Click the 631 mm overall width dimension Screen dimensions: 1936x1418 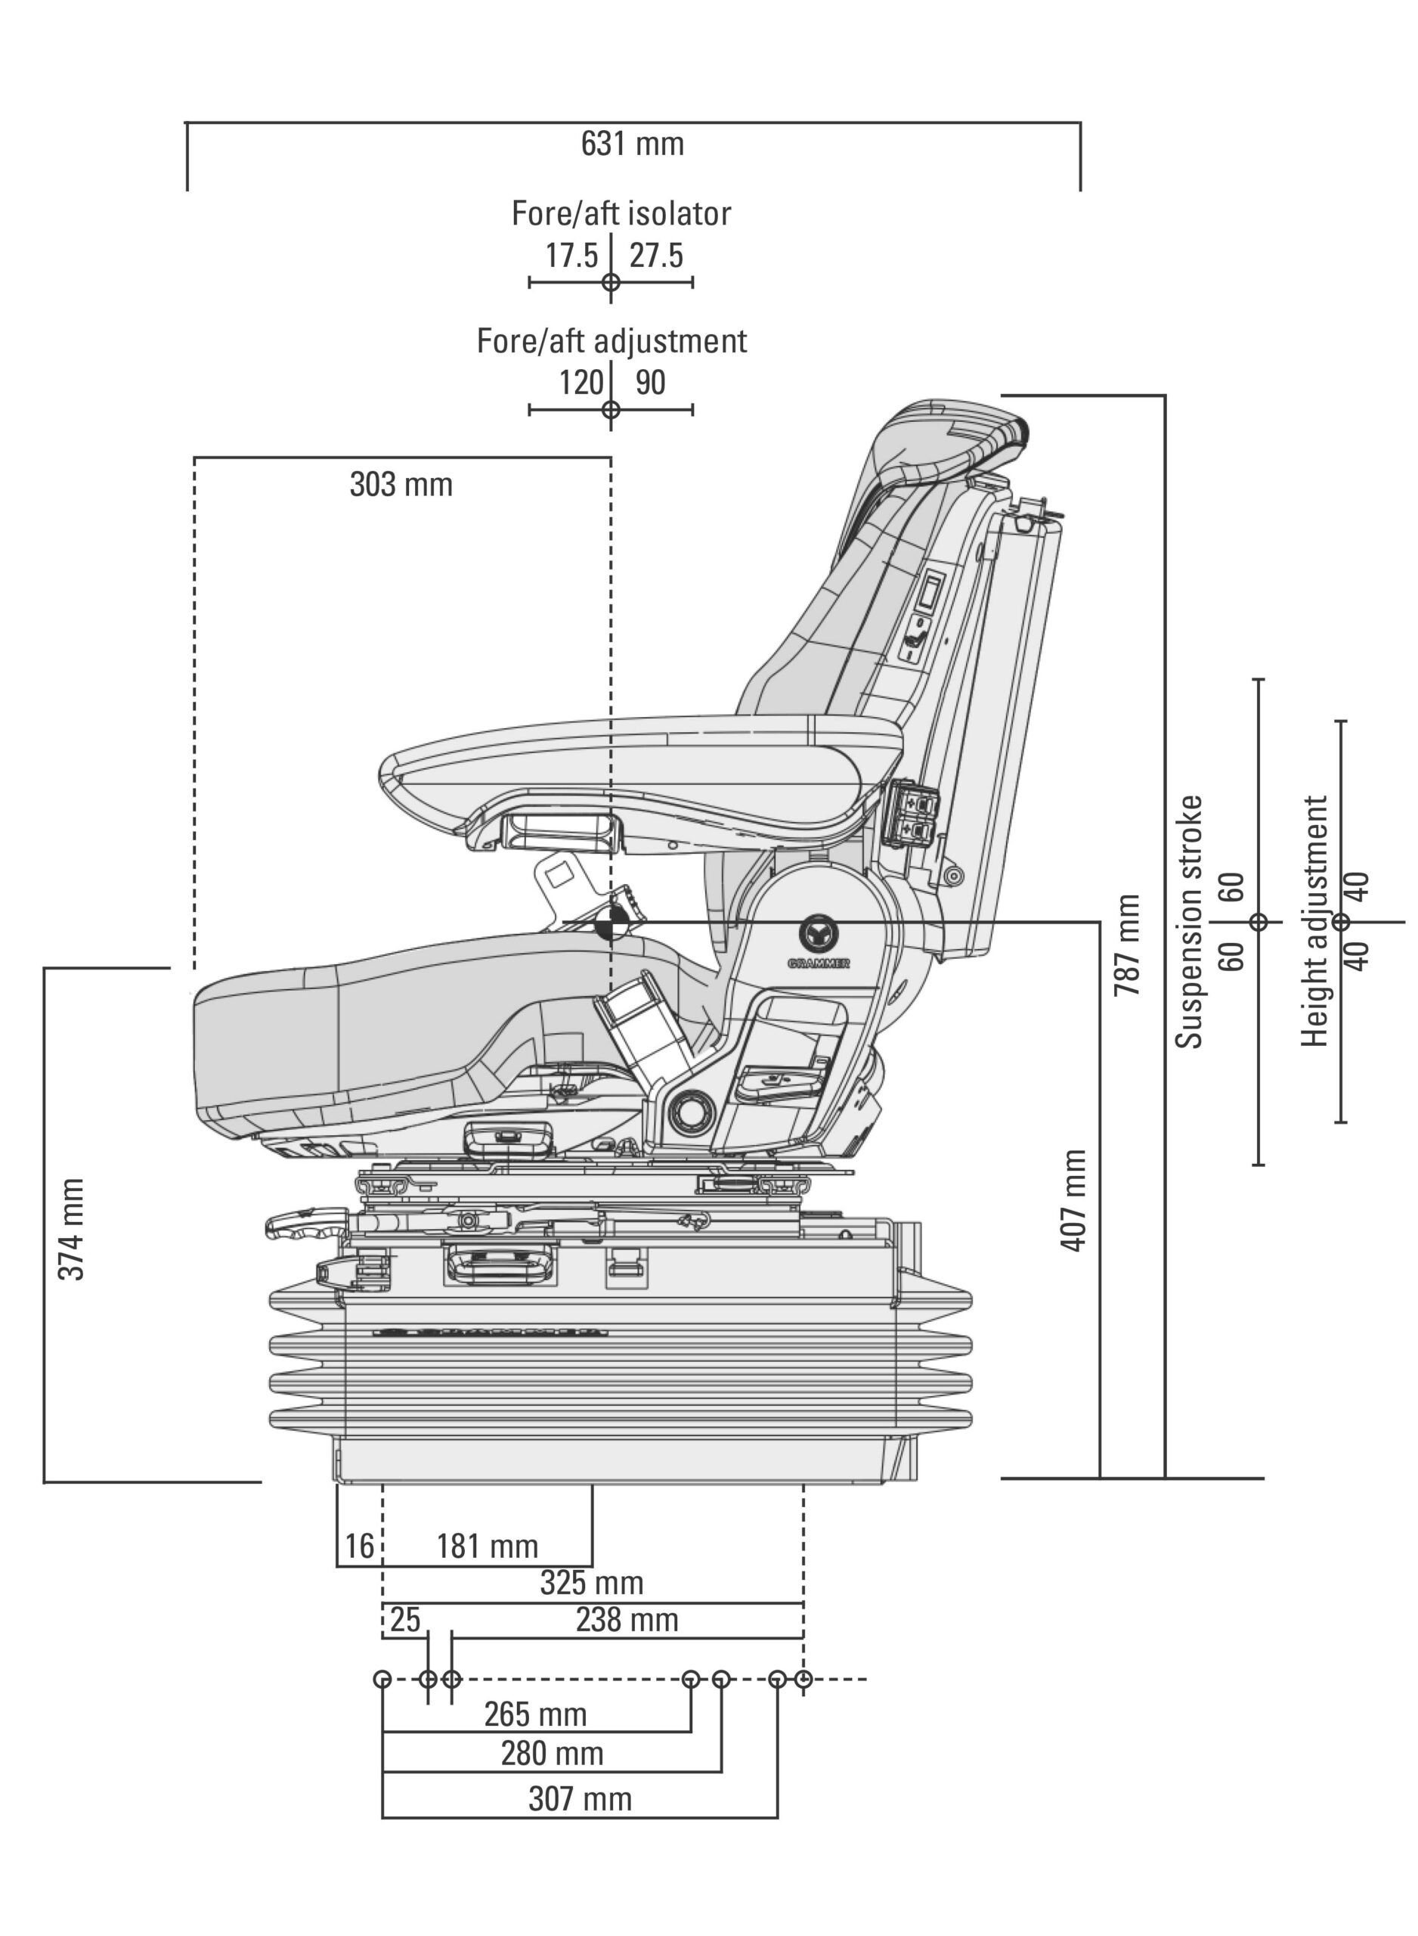click(633, 144)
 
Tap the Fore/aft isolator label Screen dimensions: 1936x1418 click(621, 214)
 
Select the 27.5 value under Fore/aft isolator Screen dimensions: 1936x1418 click(657, 256)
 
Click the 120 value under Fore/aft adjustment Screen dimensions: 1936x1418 click(581, 383)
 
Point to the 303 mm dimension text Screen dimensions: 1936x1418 click(401, 485)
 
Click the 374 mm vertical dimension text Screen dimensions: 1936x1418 click(72, 1230)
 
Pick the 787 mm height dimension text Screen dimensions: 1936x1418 click(1127, 945)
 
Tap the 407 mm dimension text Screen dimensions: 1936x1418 click(1075, 1201)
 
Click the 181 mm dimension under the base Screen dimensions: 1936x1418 click(488, 1547)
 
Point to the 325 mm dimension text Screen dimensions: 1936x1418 click(591, 1583)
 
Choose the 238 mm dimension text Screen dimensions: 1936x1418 click(627, 1621)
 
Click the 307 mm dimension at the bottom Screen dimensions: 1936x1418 click(581, 1798)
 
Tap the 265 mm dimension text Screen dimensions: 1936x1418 click(536, 1714)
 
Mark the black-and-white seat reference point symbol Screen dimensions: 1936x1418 click(611, 924)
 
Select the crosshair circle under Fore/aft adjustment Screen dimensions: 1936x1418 click(610, 410)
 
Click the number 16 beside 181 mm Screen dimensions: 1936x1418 click(360, 1547)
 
